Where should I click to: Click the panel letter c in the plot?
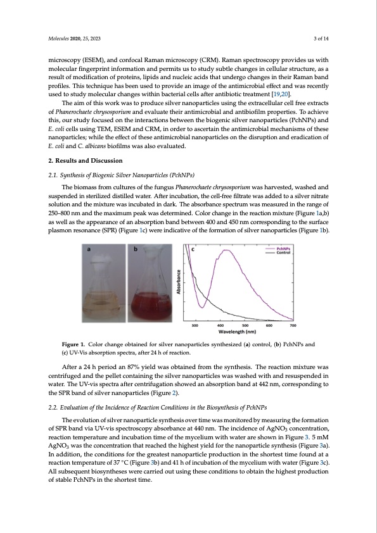(193, 250)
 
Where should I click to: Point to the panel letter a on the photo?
(89, 250)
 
